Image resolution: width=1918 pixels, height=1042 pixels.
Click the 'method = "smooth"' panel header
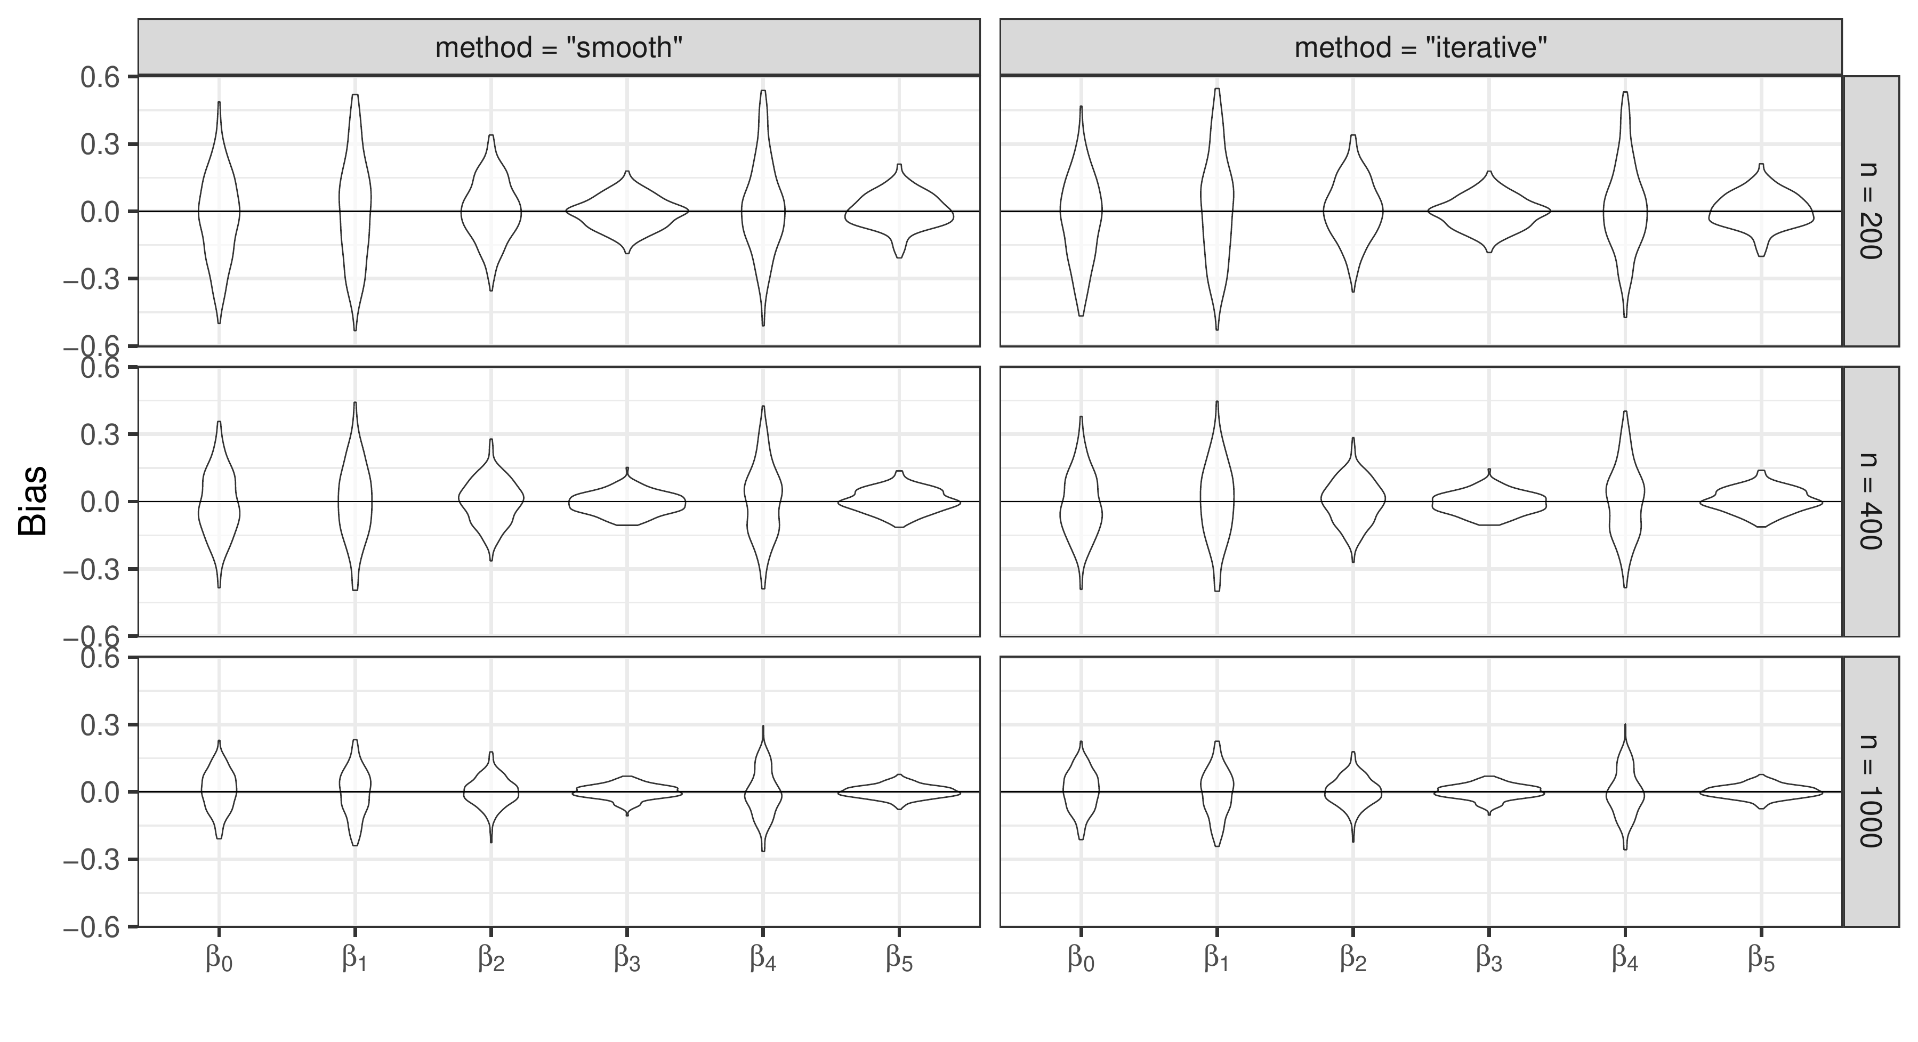tap(559, 47)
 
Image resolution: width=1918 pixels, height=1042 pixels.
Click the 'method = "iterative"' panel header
tap(1421, 47)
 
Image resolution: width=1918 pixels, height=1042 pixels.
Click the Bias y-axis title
tap(34, 501)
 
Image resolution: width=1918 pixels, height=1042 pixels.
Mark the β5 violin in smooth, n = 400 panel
tap(899, 501)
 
